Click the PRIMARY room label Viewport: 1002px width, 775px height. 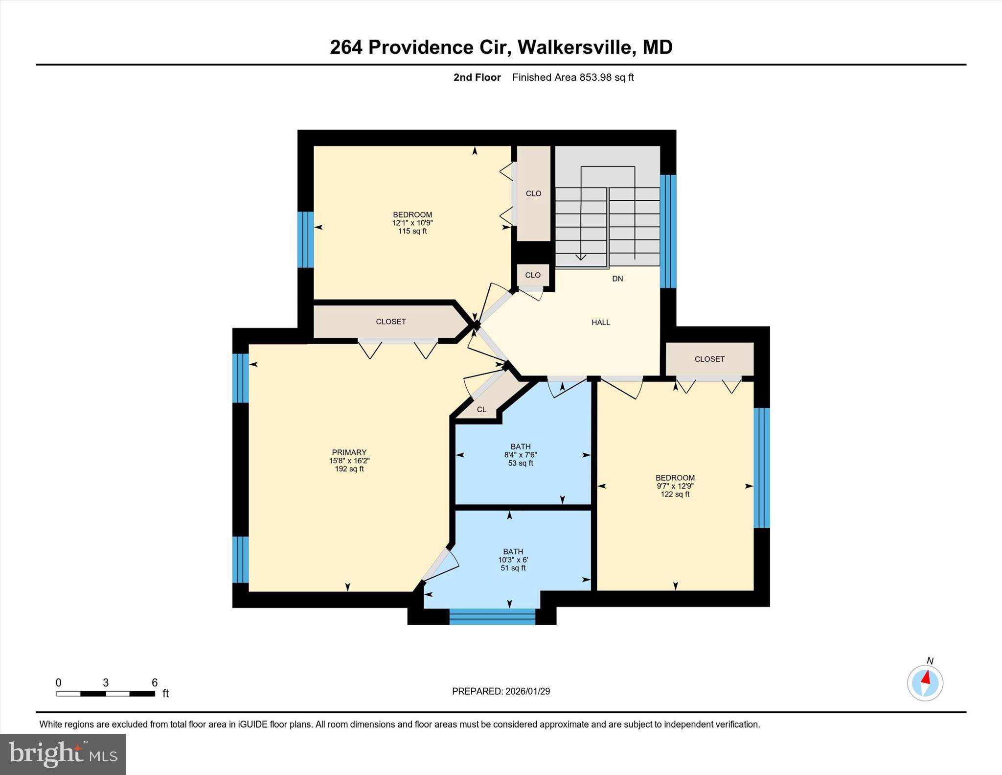pyautogui.click(x=349, y=452)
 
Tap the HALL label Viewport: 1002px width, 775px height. pyautogui.click(x=601, y=322)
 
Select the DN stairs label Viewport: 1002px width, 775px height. pyautogui.click(x=617, y=279)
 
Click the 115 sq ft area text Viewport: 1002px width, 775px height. pyautogui.click(x=412, y=231)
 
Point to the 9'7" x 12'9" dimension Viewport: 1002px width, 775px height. pyautogui.click(x=675, y=486)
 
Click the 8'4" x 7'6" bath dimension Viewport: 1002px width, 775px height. pyautogui.click(x=521, y=455)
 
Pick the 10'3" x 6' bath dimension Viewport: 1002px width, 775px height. pyautogui.click(x=513, y=560)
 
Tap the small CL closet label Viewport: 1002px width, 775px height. pyautogui.click(x=481, y=409)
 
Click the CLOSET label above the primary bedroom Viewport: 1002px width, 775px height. pyautogui.click(x=391, y=322)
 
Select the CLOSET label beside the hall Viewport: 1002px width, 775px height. pyautogui.click(x=709, y=359)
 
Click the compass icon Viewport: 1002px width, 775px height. pyautogui.click(x=925, y=682)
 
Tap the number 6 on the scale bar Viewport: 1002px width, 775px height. pyautogui.click(x=155, y=682)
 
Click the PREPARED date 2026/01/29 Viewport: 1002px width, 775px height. pyautogui.click(x=527, y=691)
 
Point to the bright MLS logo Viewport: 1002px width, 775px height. pyautogui.click(x=63, y=754)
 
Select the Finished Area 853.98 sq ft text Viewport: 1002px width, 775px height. pyautogui.click(x=573, y=77)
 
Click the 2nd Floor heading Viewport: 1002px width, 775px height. pyautogui.click(x=477, y=77)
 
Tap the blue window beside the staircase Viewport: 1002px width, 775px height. pyautogui.click(x=668, y=231)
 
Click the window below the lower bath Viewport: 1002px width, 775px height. pyautogui.click(x=492, y=616)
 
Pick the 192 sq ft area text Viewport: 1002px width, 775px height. pyautogui.click(x=349, y=469)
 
